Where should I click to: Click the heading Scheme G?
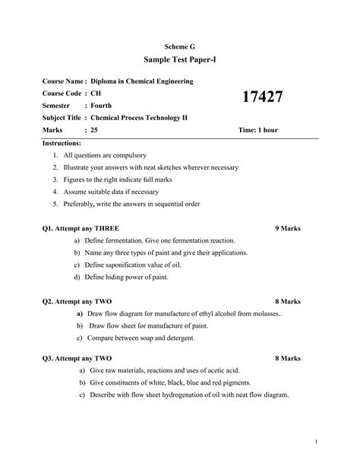point(180,47)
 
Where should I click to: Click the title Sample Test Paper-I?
point(180,59)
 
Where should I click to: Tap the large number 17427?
point(262,97)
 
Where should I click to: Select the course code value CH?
point(95,93)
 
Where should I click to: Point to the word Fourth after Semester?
point(101,105)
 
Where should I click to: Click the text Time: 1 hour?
point(258,130)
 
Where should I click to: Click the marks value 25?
point(94,130)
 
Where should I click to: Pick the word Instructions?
point(66,143)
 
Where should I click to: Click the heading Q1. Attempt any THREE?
point(81,228)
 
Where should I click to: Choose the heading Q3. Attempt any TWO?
point(77,357)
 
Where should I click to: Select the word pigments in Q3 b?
point(235,382)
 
